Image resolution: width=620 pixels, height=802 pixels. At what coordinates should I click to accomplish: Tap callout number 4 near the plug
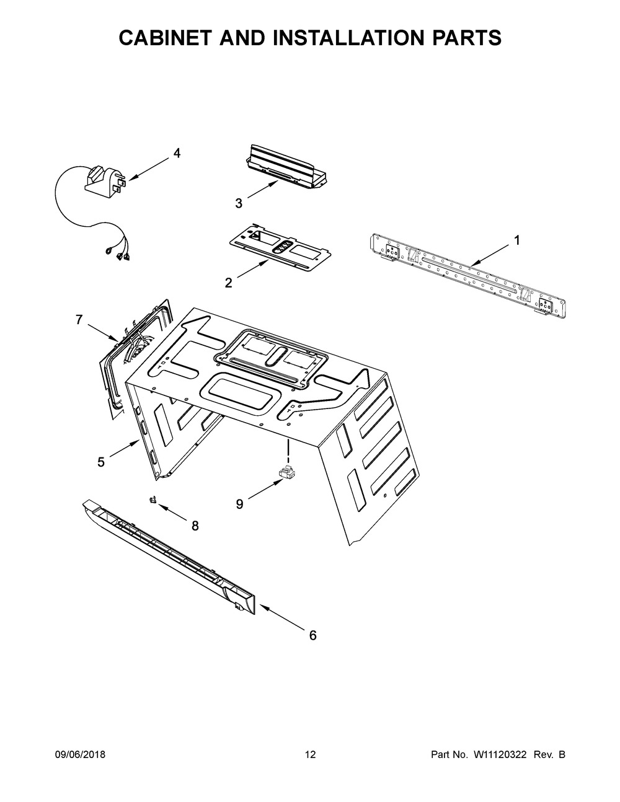[177, 154]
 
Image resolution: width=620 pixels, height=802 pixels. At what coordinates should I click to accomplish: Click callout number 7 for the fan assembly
[79, 320]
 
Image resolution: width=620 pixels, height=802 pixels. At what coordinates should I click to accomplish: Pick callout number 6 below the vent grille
[312, 635]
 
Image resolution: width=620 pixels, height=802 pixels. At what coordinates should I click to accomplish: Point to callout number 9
[239, 505]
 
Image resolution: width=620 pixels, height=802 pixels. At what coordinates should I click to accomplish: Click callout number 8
[195, 526]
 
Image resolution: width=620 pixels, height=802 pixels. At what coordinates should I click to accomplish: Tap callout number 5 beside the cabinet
[100, 462]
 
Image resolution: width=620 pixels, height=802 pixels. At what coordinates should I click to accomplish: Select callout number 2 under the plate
[228, 283]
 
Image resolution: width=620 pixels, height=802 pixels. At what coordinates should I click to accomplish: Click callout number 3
[238, 203]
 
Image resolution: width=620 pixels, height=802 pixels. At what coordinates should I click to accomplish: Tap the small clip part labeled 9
[287, 473]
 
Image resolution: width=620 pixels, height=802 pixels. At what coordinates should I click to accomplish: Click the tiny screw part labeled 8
[151, 500]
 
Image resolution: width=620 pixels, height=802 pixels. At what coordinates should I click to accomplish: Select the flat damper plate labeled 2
[273, 248]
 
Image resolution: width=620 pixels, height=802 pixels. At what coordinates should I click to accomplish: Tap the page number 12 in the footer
[310, 755]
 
